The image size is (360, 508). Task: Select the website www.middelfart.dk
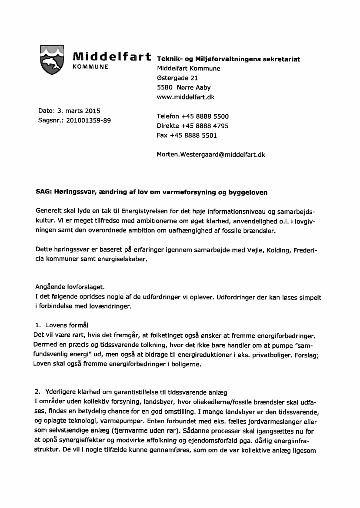pyautogui.click(x=185, y=97)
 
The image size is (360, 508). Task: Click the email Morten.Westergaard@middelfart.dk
pyautogui.click(x=211, y=154)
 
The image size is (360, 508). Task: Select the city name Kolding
pyautogui.click(x=271, y=250)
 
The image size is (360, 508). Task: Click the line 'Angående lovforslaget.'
pyautogui.click(x=70, y=287)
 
